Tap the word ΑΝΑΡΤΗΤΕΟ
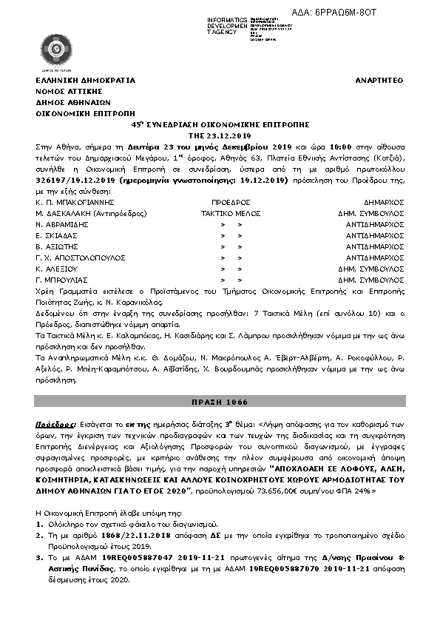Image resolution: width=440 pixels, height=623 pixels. [379, 81]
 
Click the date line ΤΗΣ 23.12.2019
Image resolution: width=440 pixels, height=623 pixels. [220, 136]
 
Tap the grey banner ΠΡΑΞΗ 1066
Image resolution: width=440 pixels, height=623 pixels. [220, 402]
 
